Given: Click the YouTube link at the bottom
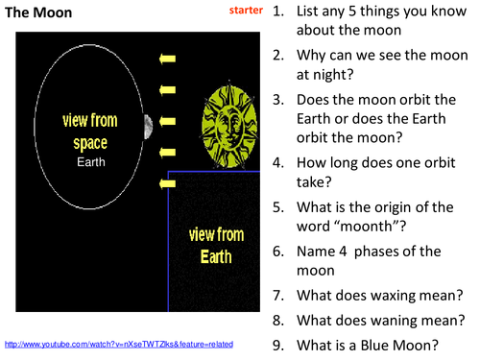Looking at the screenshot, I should (119, 343).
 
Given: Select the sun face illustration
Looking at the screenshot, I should (228, 123).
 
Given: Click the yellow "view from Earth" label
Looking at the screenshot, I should (208, 244).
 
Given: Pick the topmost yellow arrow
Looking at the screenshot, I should (168, 60).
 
